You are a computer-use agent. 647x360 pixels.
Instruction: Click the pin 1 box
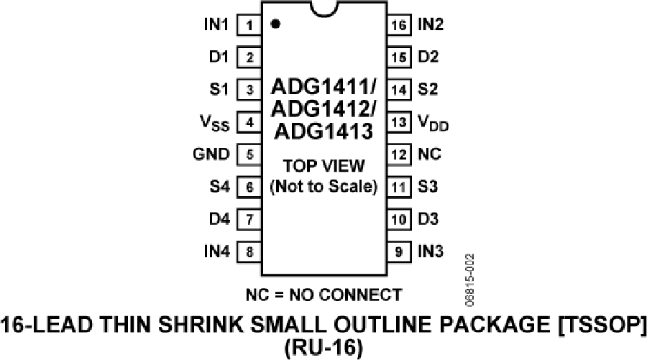pos(249,25)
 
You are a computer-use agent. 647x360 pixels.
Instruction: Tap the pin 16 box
pos(399,25)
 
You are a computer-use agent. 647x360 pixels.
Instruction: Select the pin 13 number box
pos(399,122)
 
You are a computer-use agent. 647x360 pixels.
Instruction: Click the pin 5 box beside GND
pos(249,154)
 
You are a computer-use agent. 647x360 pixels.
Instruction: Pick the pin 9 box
pos(399,251)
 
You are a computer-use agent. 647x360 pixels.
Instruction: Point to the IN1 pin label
pos(216,24)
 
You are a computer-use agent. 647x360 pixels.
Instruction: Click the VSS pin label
pos(214,124)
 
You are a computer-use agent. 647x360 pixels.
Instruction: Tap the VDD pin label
pos(433,124)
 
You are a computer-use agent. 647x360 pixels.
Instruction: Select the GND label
pos(211,154)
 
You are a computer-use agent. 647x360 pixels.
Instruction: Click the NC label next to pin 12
pos(430,154)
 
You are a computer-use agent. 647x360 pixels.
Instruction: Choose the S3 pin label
pos(428,186)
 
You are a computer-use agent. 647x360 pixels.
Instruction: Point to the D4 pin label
pos(219,218)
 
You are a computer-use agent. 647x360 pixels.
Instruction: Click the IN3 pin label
pos(431,251)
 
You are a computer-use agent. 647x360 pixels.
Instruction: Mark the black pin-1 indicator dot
pos(275,24)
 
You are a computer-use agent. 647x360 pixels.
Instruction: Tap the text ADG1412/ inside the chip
pos(323,109)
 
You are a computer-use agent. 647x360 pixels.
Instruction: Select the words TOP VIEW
pos(324,166)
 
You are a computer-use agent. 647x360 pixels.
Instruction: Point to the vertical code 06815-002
pos(470,280)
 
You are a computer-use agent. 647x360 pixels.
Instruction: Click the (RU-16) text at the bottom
pos(323,348)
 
